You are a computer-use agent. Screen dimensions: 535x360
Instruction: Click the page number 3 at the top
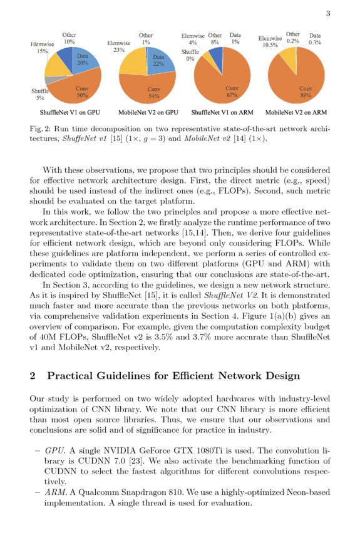328,14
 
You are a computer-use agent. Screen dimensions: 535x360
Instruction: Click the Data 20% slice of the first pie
82,61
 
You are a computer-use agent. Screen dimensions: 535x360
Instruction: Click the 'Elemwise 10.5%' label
270,41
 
